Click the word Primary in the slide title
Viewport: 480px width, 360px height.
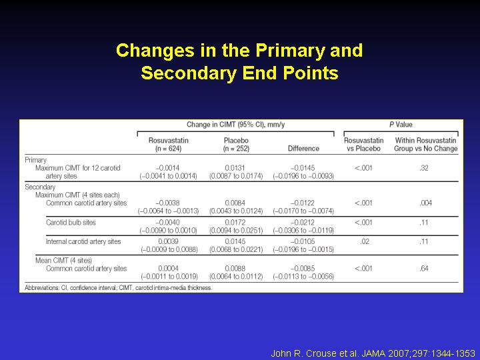click(x=289, y=51)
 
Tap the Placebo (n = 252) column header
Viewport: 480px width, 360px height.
click(x=236, y=145)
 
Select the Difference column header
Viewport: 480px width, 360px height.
click(x=303, y=149)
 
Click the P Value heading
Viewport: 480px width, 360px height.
click(x=401, y=125)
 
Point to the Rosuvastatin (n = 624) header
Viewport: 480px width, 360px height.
click(x=169, y=145)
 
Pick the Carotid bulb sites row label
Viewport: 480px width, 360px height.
click(x=71, y=223)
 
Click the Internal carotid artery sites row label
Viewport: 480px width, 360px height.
click(x=83, y=241)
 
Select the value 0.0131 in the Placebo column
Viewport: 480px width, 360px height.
click(x=235, y=168)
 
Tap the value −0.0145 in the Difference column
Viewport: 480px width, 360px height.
click(x=303, y=168)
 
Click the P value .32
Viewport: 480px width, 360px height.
click(x=424, y=168)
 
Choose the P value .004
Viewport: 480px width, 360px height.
click(x=425, y=203)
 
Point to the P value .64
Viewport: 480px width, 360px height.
click(x=424, y=269)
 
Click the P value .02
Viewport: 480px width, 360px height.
click(x=365, y=241)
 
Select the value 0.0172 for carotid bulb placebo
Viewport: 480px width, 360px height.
click(x=235, y=223)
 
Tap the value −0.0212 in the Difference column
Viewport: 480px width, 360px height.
click(x=303, y=223)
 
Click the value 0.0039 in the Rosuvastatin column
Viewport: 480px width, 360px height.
click(x=169, y=241)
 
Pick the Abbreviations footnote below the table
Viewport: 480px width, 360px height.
click(x=118, y=288)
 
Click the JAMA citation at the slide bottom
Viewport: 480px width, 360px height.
click(x=373, y=353)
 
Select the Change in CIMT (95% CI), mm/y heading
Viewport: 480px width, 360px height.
click(x=236, y=125)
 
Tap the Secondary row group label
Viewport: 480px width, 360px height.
click(x=40, y=187)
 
